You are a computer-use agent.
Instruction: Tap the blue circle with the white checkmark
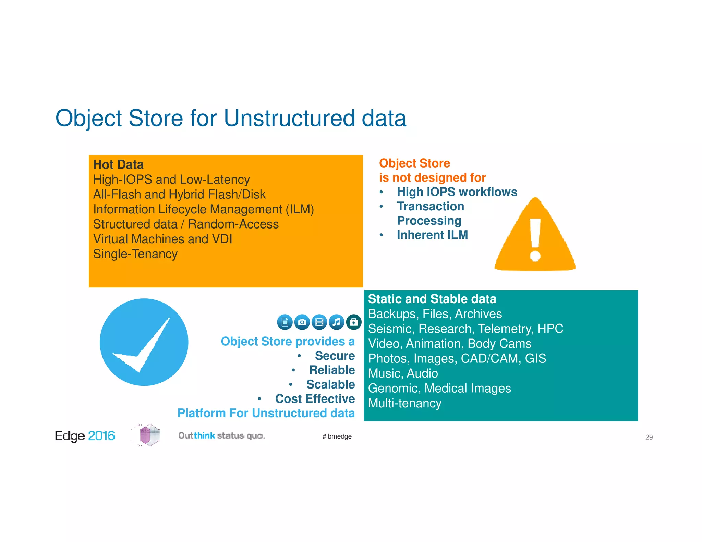tap(144, 342)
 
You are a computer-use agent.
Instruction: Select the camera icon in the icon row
tap(302, 322)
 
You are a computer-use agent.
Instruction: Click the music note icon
tap(337, 322)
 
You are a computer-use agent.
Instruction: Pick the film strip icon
tap(319, 322)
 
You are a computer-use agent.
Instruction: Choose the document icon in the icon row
tap(285, 322)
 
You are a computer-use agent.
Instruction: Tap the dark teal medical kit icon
tap(354, 322)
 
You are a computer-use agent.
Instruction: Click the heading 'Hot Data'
tap(118, 164)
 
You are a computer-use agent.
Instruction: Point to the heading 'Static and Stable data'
tap(432, 299)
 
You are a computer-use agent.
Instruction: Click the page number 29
tap(649, 437)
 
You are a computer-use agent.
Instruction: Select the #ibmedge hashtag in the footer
tap(337, 436)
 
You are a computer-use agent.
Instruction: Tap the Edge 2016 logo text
tap(85, 436)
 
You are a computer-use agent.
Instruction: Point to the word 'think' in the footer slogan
tap(205, 435)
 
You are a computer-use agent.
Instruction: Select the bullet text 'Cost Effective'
tap(315, 399)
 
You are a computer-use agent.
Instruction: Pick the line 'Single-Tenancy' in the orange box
tap(135, 254)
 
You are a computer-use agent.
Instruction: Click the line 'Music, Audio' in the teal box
tap(403, 373)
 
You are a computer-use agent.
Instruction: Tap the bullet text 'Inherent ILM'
tap(432, 235)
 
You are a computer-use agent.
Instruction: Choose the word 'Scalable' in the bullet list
tap(330, 384)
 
